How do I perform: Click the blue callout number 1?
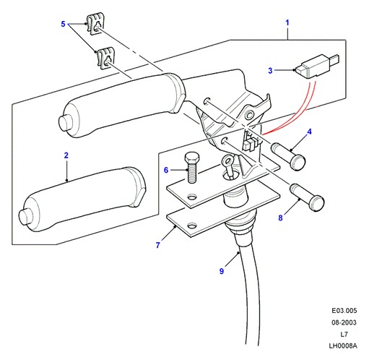click(287, 23)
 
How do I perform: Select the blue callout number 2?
click(66, 155)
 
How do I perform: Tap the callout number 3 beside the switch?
click(270, 70)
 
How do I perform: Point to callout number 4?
click(309, 132)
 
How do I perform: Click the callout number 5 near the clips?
click(63, 24)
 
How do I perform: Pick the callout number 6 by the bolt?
click(166, 170)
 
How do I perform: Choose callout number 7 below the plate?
click(157, 245)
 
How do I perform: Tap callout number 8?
click(280, 218)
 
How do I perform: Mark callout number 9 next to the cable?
click(222, 271)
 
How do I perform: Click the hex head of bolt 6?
click(192, 158)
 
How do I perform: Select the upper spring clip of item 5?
click(95, 24)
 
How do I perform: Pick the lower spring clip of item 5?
click(106, 58)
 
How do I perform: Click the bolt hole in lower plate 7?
click(192, 226)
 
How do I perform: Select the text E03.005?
click(344, 311)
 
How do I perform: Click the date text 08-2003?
click(344, 322)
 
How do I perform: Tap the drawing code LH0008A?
click(343, 346)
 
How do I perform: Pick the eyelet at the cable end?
click(227, 160)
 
